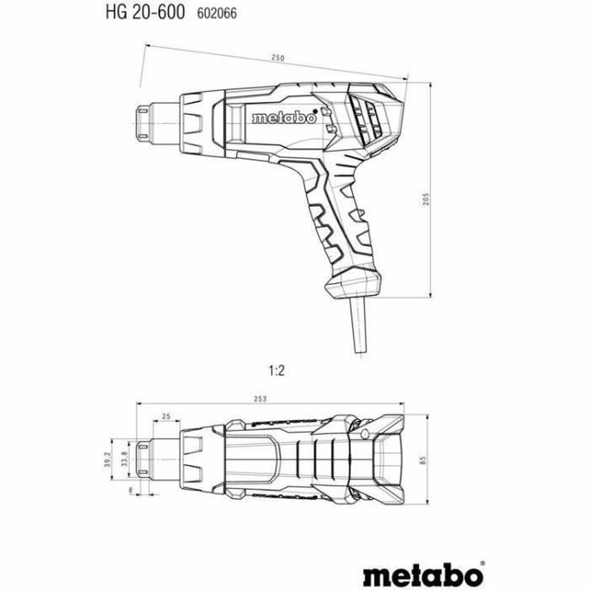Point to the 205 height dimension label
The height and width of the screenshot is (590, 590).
tap(427, 198)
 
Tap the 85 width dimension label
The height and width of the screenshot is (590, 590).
tap(422, 460)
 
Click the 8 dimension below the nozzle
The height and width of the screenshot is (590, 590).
tap(130, 490)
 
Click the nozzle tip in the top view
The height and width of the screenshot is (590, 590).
tap(144, 459)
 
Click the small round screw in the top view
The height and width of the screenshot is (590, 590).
tap(364, 433)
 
